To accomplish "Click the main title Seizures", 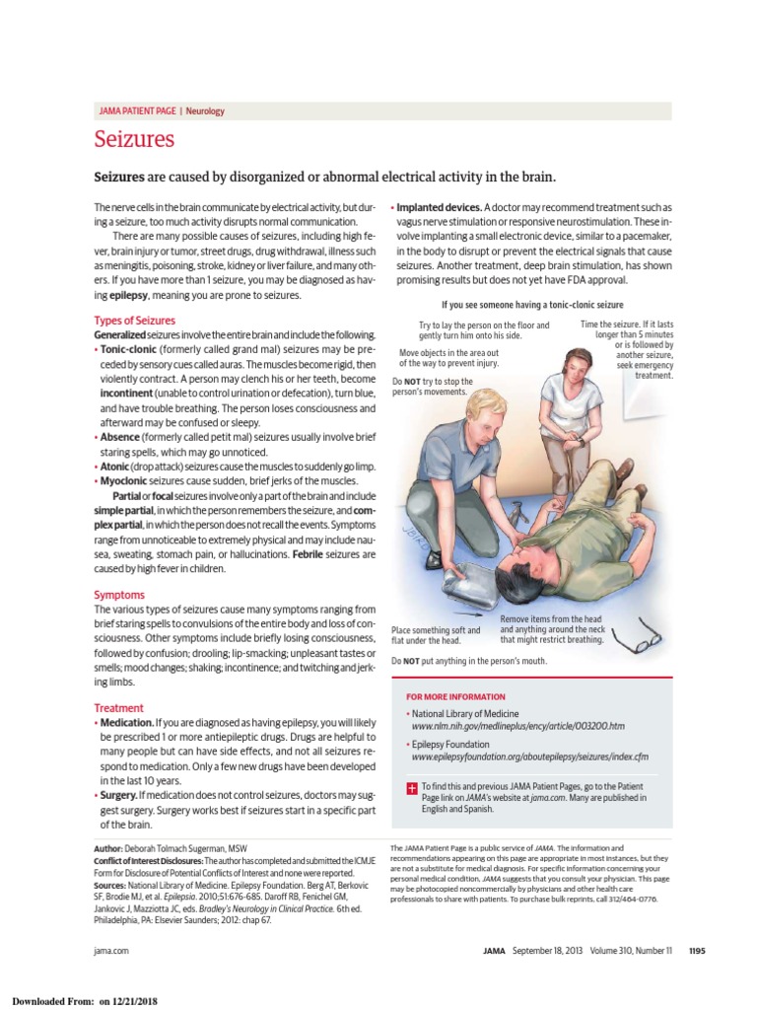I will tap(134, 139).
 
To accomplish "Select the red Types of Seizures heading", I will tap(134, 321).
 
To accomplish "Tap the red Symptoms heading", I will tap(118, 595).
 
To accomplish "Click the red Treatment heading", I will tap(118, 707).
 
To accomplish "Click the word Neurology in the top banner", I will tap(205, 111).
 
